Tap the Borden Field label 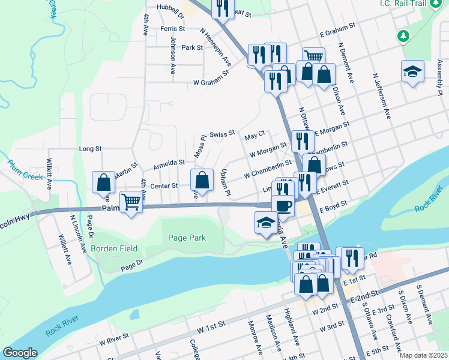coord(114,248)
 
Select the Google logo coord(20,352)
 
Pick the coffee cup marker coord(283,205)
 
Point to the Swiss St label coord(222,134)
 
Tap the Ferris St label coord(172,29)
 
